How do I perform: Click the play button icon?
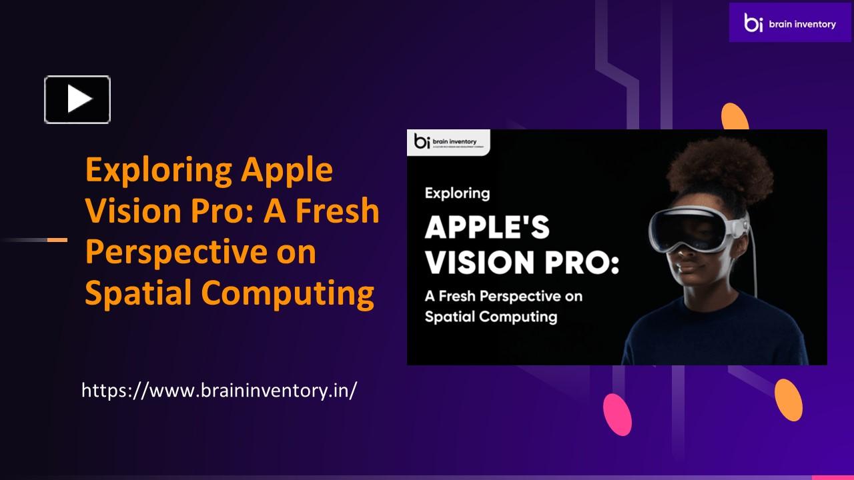(x=77, y=100)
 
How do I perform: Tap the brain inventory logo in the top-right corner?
(x=789, y=23)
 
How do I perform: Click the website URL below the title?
(x=219, y=390)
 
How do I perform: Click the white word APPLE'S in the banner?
(x=488, y=229)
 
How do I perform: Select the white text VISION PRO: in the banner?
(x=522, y=263)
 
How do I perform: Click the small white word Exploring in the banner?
(x=457, y=193)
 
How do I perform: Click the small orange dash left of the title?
(x=57, y=239)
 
